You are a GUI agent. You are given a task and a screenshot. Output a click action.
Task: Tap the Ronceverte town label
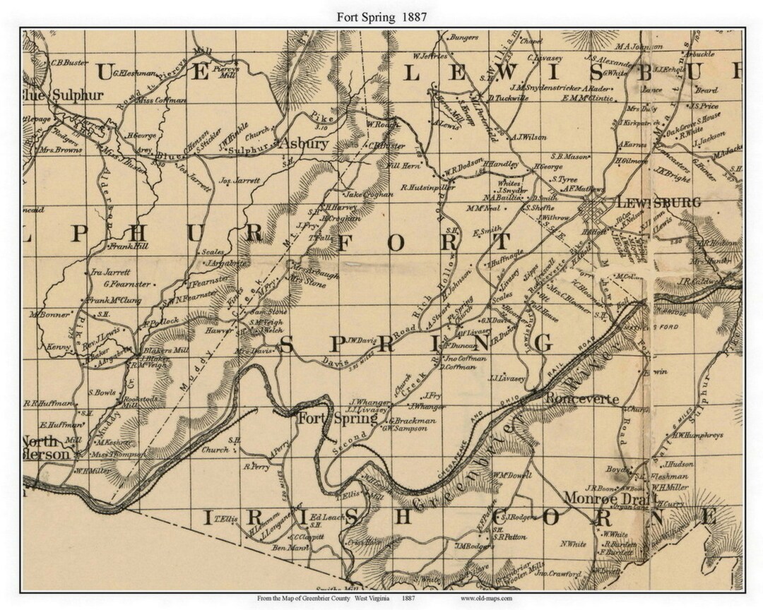[581, 399]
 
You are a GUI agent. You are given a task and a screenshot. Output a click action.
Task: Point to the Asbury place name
[304, 143]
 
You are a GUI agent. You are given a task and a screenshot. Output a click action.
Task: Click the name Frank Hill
[128, 247]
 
